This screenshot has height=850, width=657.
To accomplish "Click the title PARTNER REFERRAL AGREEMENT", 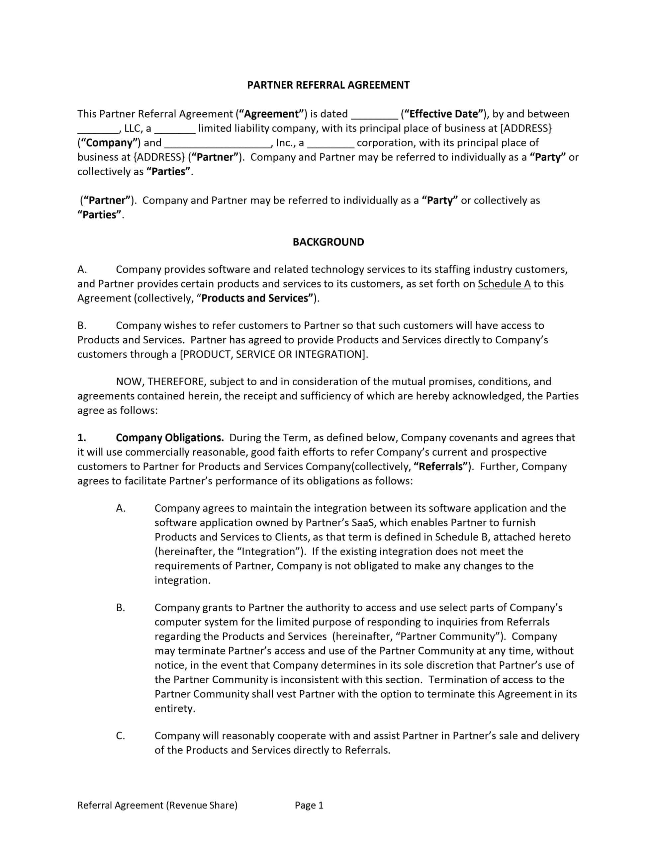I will tap(328, 85).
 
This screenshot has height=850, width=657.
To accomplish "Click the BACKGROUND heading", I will tap(328, 242).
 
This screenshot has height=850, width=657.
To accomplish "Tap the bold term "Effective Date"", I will tap(443, 114).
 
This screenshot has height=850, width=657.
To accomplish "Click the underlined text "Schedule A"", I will tap(504, 284).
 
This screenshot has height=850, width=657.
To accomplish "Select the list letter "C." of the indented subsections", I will tap(121, 735).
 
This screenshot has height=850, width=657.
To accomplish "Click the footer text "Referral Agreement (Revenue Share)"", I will tap(157, 805).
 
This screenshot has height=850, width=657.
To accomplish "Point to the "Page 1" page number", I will tap(309, 805).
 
